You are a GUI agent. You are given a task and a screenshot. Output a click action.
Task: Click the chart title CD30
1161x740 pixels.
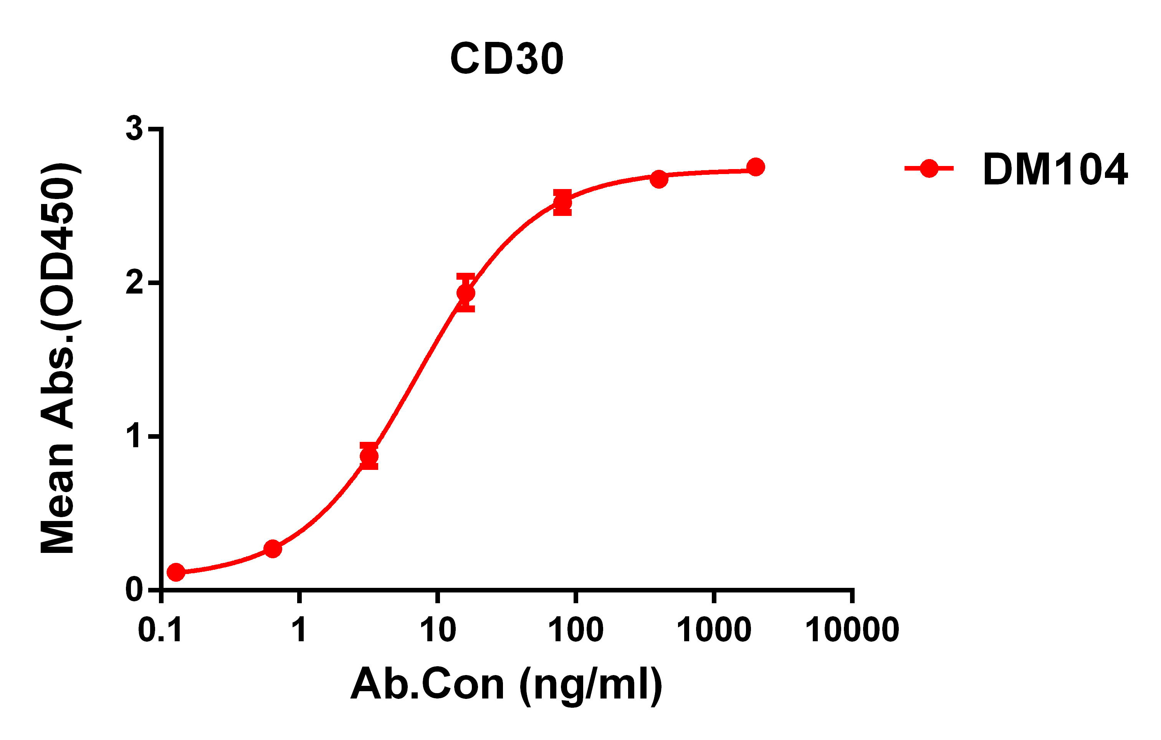click(x=506, y=59)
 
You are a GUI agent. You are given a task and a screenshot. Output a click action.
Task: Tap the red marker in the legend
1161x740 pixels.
click(x=929, y=168)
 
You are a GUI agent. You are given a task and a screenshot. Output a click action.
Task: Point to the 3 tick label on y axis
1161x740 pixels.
click(x=134, y=129)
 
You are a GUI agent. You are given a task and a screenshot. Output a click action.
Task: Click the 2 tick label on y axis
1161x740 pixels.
click(x=134, y=283)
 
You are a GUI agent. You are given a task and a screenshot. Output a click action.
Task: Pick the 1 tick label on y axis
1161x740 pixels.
click(x=134, y=436)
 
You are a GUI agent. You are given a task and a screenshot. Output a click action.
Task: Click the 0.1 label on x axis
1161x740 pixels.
click(x=160, y=630)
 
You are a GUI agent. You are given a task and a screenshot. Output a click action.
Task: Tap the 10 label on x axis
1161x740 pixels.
click(x=437, y=630)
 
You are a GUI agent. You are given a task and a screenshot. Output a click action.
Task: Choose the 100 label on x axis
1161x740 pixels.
click(x=576, y=630)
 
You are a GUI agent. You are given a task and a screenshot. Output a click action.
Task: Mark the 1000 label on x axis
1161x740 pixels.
click(x=714, y=630)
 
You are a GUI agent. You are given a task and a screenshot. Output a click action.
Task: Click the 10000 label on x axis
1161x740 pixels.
click(x=852, y=630)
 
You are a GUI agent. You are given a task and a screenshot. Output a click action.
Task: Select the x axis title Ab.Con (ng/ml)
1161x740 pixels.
click(x=506, y=685)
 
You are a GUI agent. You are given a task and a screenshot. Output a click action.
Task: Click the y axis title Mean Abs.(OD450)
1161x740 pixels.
click(x=58, y=358)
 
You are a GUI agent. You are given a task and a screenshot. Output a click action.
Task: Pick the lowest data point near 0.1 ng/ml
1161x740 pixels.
click(x=176, y=572)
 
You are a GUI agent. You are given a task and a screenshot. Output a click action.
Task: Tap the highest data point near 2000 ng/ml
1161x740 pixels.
click(x=756, y=167)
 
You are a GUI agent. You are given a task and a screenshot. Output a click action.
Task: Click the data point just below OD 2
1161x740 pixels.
click(x=466, y=293)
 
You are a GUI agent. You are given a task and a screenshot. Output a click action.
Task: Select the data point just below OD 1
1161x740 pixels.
click(x=369, y=456)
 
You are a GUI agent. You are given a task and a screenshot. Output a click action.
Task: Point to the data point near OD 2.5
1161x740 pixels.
click(x=562, y=202)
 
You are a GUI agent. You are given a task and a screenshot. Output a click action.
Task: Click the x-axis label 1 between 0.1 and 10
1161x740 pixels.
click(x=299, y=630)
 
